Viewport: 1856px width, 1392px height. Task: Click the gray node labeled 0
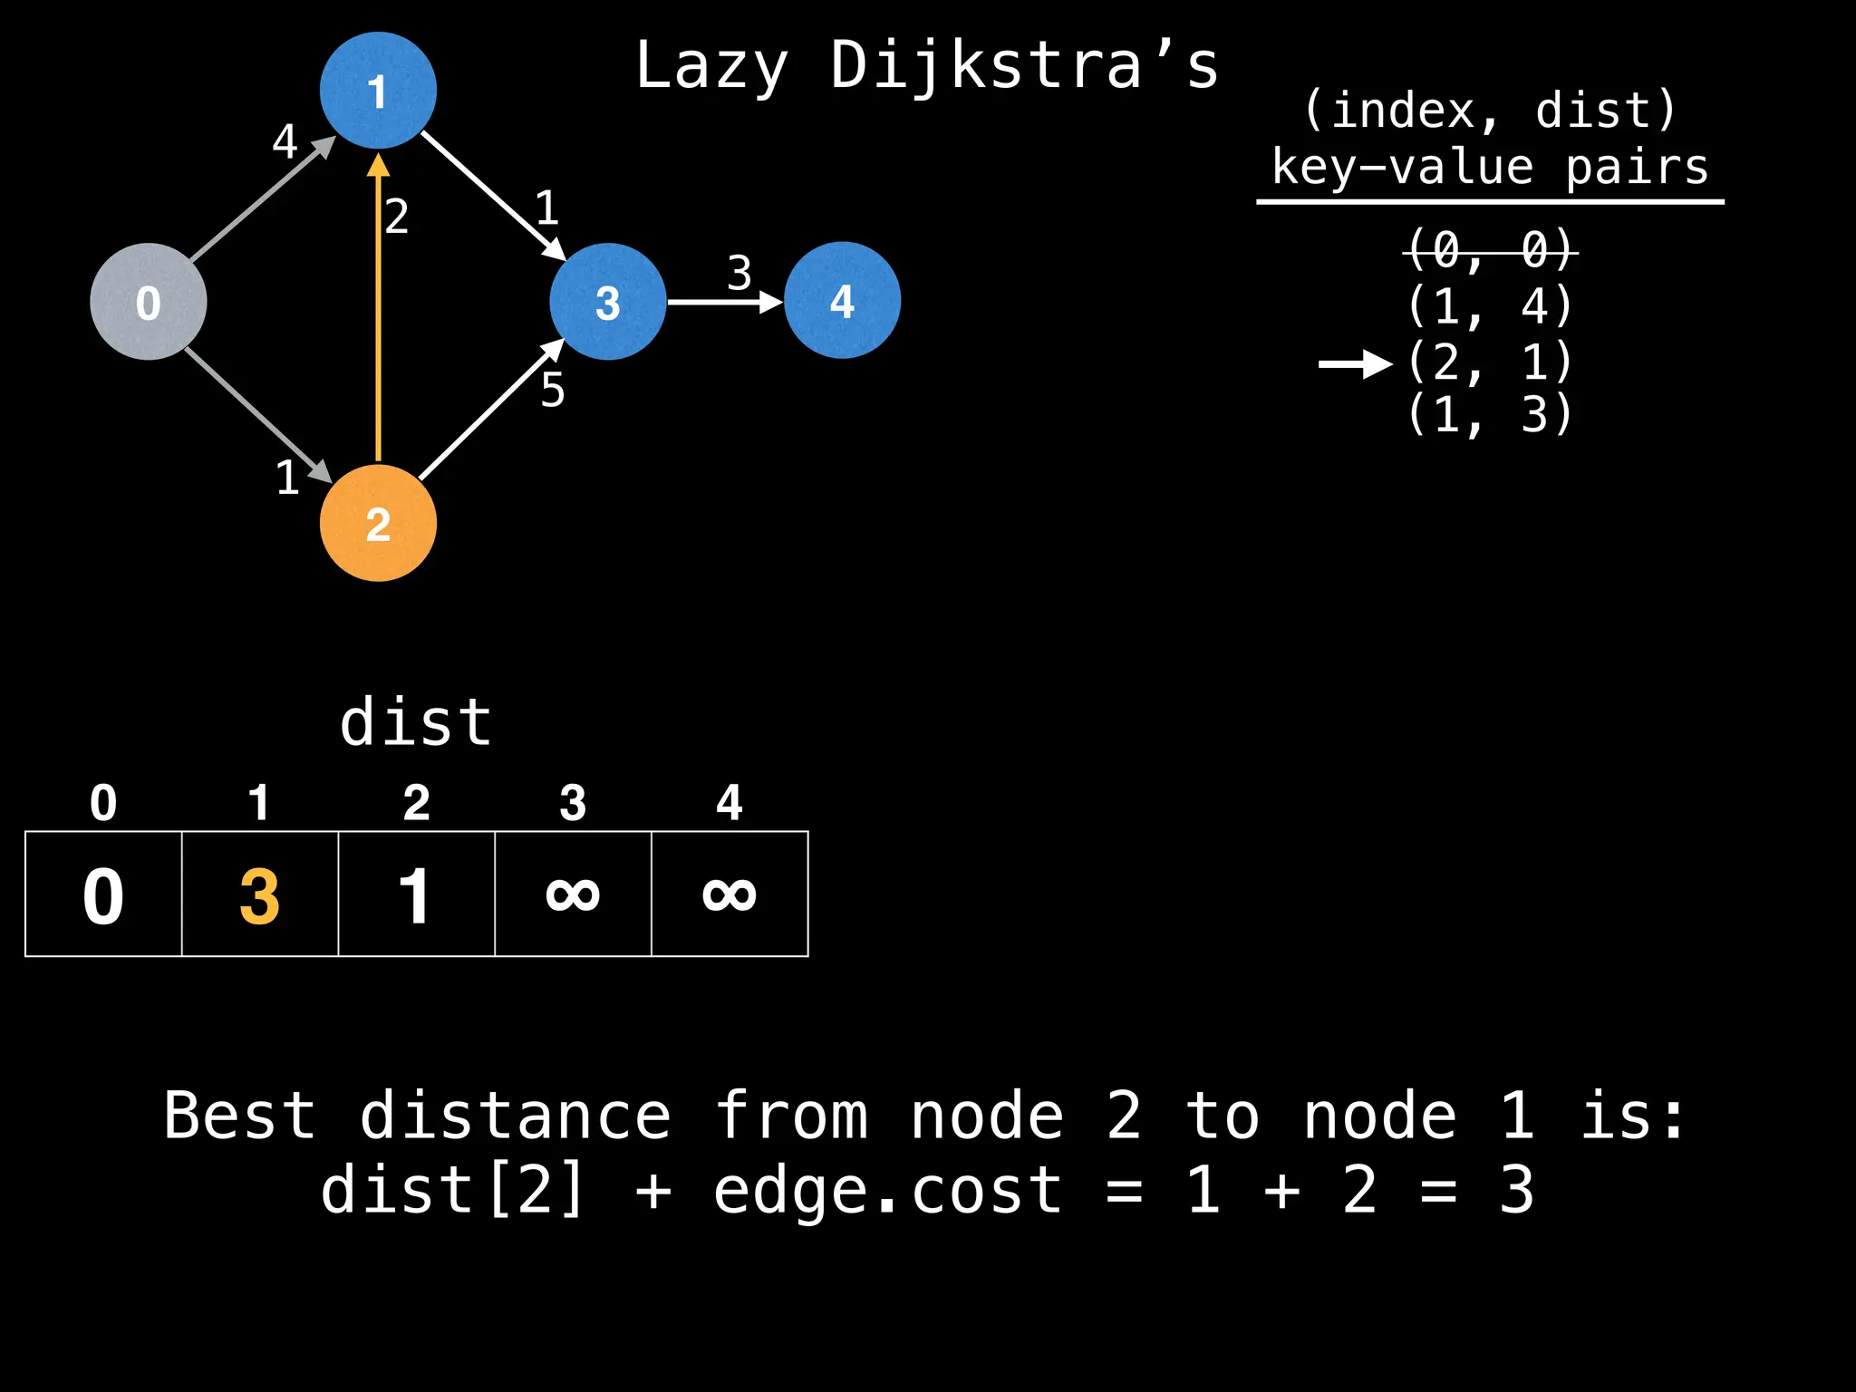tap(149, 302)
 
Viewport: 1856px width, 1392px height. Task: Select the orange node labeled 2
tap(378, 524)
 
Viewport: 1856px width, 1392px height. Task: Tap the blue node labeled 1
tap(378, 91)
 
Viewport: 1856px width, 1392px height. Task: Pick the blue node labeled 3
tap(607, 302)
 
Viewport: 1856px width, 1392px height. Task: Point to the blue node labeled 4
tap(842, 300)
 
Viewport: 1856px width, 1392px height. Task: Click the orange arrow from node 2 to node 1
tap(378, 308)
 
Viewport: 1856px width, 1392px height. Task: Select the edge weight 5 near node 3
tap(553, 391)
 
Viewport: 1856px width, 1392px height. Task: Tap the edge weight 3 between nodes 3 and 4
tap(739, 273)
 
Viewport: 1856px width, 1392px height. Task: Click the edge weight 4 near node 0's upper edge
tap(285, 141)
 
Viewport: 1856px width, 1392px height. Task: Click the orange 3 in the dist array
tap(259, 896)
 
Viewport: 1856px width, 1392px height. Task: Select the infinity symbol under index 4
tap(729, 894)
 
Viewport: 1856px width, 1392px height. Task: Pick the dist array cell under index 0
tap(103, 894)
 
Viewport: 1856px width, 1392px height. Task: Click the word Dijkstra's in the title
tap(1024, 67)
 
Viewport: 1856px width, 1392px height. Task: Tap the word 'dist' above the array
tap(416, 723)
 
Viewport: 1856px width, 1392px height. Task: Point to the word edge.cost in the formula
tap(887, 1190)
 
